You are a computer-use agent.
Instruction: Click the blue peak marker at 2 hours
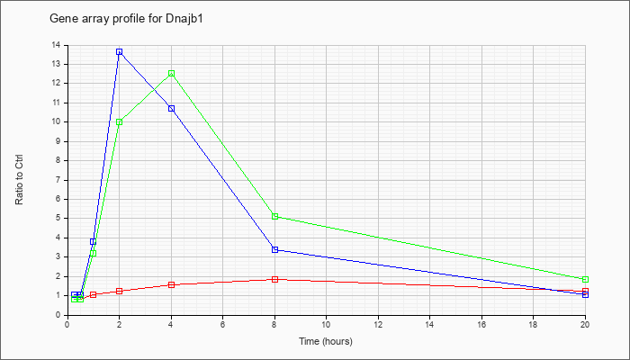[x=120, y=52]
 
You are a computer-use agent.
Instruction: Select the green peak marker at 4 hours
[x=172, y=74]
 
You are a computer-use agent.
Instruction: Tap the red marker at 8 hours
[x=274, y=279]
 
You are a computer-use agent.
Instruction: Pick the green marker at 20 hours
[x=585, y=279]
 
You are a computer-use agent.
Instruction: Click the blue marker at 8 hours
[x=274, y=249]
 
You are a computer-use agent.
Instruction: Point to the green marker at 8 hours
[x=274, y=217]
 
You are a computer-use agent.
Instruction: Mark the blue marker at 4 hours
[x=172, y=109]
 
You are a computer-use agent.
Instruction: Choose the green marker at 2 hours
[x=120, y=122]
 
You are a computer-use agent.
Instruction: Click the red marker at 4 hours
[x=172, y=285]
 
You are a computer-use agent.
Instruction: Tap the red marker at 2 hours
[x=120, y=291]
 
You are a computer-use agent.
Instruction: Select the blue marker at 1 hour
[x=94, y=241]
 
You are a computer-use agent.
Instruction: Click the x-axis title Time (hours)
[x=326, y=341]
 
